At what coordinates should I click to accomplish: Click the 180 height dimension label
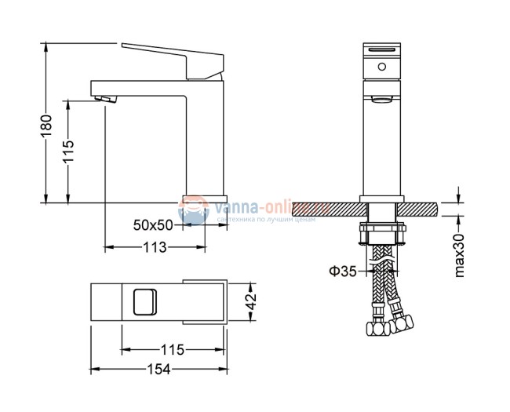(x=46, y=123)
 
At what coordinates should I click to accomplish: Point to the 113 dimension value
(x=155, y=248)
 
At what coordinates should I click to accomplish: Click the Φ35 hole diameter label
(x=342, y=272)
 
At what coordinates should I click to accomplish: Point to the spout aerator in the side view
(x=104, y=100)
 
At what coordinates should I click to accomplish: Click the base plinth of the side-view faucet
(x=205, y=198)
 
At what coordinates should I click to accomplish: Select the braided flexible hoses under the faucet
(x=384, y=283)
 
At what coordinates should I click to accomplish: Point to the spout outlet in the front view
(x=381, y=100)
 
